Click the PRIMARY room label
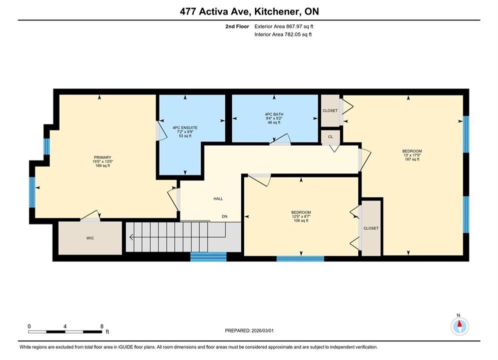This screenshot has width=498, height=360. (102, 157)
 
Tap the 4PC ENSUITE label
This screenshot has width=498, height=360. (185, 128)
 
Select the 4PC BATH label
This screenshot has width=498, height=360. (274, 114)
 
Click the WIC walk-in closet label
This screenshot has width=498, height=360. (90, 238)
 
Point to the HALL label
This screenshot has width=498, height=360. (218, 199)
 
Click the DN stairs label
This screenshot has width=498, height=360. (225, 216)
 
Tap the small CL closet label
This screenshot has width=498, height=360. (331, 137)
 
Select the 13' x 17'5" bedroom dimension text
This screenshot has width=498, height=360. (412, 155)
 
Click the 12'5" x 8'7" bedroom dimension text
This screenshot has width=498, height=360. (301, 216)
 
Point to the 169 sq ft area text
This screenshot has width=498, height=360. (102, 165)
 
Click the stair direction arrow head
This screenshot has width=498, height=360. (131, 237)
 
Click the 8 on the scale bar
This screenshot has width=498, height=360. (102, 326)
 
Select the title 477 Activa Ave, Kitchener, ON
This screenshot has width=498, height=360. (249, 11)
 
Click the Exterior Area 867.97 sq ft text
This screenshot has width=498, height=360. (284, 26)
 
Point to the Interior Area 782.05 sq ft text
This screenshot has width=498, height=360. (283, 34)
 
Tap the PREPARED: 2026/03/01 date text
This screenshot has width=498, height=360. (249, 330)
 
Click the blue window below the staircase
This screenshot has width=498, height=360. (208, 256)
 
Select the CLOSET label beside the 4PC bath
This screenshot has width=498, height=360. (330, 110)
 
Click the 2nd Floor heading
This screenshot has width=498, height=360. (237, 26)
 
